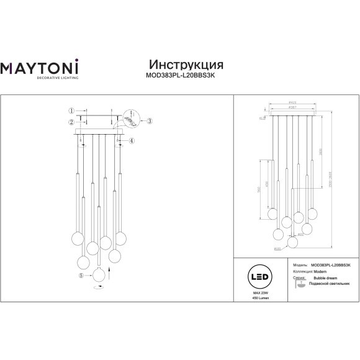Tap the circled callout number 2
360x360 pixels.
(71, 120)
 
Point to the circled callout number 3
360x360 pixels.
(148, 120)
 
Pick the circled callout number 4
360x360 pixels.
(131, 141)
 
